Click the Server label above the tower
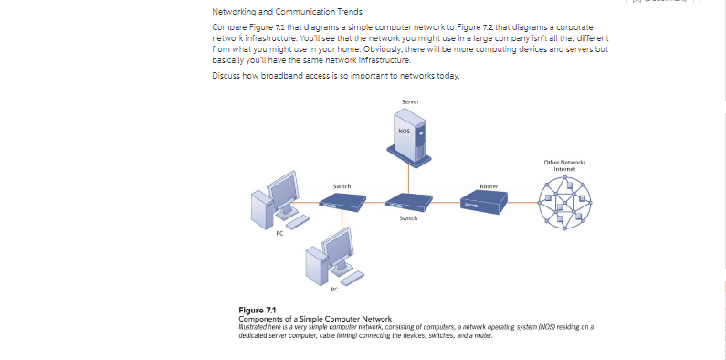(x=410, y=99)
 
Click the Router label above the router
(x=489, y=185)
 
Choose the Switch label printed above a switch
(x=342, y=185)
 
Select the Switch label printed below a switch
(x=408, y=219)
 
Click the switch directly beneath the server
(x=408, y=204)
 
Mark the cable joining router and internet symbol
(x=525, y=204)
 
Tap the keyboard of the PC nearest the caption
(x=351, y=276)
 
